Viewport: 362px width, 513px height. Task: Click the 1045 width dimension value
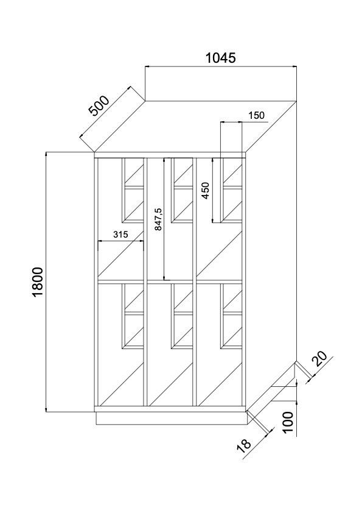point(220,58)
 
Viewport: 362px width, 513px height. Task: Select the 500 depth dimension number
point(99,105)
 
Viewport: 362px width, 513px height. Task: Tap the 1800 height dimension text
point(38,281)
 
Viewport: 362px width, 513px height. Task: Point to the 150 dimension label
point(256,115)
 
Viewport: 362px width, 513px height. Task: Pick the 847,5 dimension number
point(158,219)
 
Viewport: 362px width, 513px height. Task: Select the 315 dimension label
point(120,234)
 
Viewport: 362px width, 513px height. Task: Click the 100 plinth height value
point(288,422)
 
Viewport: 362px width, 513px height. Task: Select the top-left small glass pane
point(134,172)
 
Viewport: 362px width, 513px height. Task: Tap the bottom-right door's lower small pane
point(232,330)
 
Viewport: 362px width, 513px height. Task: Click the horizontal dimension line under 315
point(120,241)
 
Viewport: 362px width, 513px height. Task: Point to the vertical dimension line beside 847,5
point(164,219)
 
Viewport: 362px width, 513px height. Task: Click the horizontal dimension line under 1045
point(221,67)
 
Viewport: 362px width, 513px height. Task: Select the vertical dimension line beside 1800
point(46,281)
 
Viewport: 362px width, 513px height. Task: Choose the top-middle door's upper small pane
point(183,172)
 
